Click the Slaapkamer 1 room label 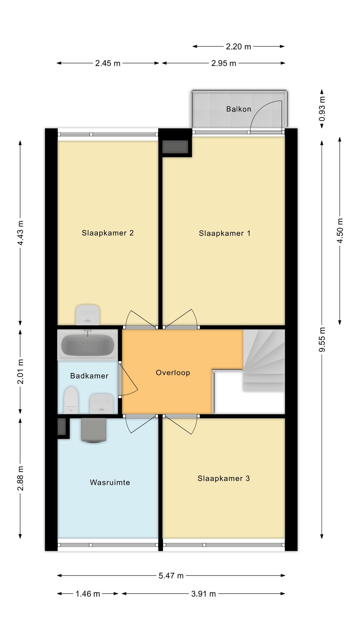click(224, 233)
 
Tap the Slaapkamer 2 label click(108, 233)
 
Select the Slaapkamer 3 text click(223, 479)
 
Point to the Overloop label click(173, 373)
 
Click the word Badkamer click(89, 376)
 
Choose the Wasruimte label click(110, 482)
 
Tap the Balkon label click(239, 109)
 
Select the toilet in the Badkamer click(71, 400)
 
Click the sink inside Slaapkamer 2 click(88, 314)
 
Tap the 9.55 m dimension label click(322, 339)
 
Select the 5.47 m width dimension click(171, 576)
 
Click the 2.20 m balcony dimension click(238, 47)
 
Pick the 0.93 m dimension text click(322, 109)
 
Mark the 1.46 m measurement click(88, 594)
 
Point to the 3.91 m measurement click(203, 594)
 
